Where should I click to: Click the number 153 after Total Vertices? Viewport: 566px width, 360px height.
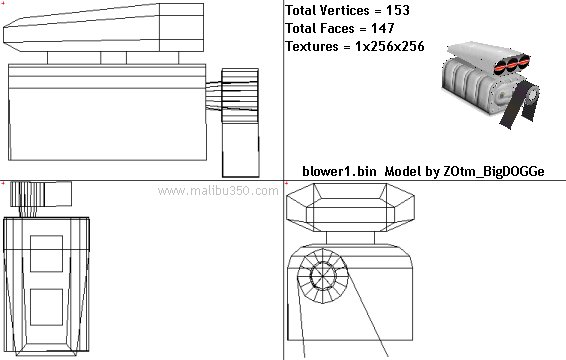click(x=398, y=10)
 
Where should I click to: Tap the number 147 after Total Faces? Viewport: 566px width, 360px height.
click(x=383, y=28)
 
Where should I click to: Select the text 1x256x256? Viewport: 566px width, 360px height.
click(x=390, y=46)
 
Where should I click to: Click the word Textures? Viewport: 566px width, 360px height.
click(x=312, y=46)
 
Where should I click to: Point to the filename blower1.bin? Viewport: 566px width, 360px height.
click(x=339, y=171)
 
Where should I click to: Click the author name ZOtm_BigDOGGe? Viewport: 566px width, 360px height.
click(x=493, y=171)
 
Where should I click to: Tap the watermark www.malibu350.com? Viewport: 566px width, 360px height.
click(x=218, y=191)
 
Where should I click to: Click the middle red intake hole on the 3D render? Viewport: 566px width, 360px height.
click(x=512, y=64)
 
